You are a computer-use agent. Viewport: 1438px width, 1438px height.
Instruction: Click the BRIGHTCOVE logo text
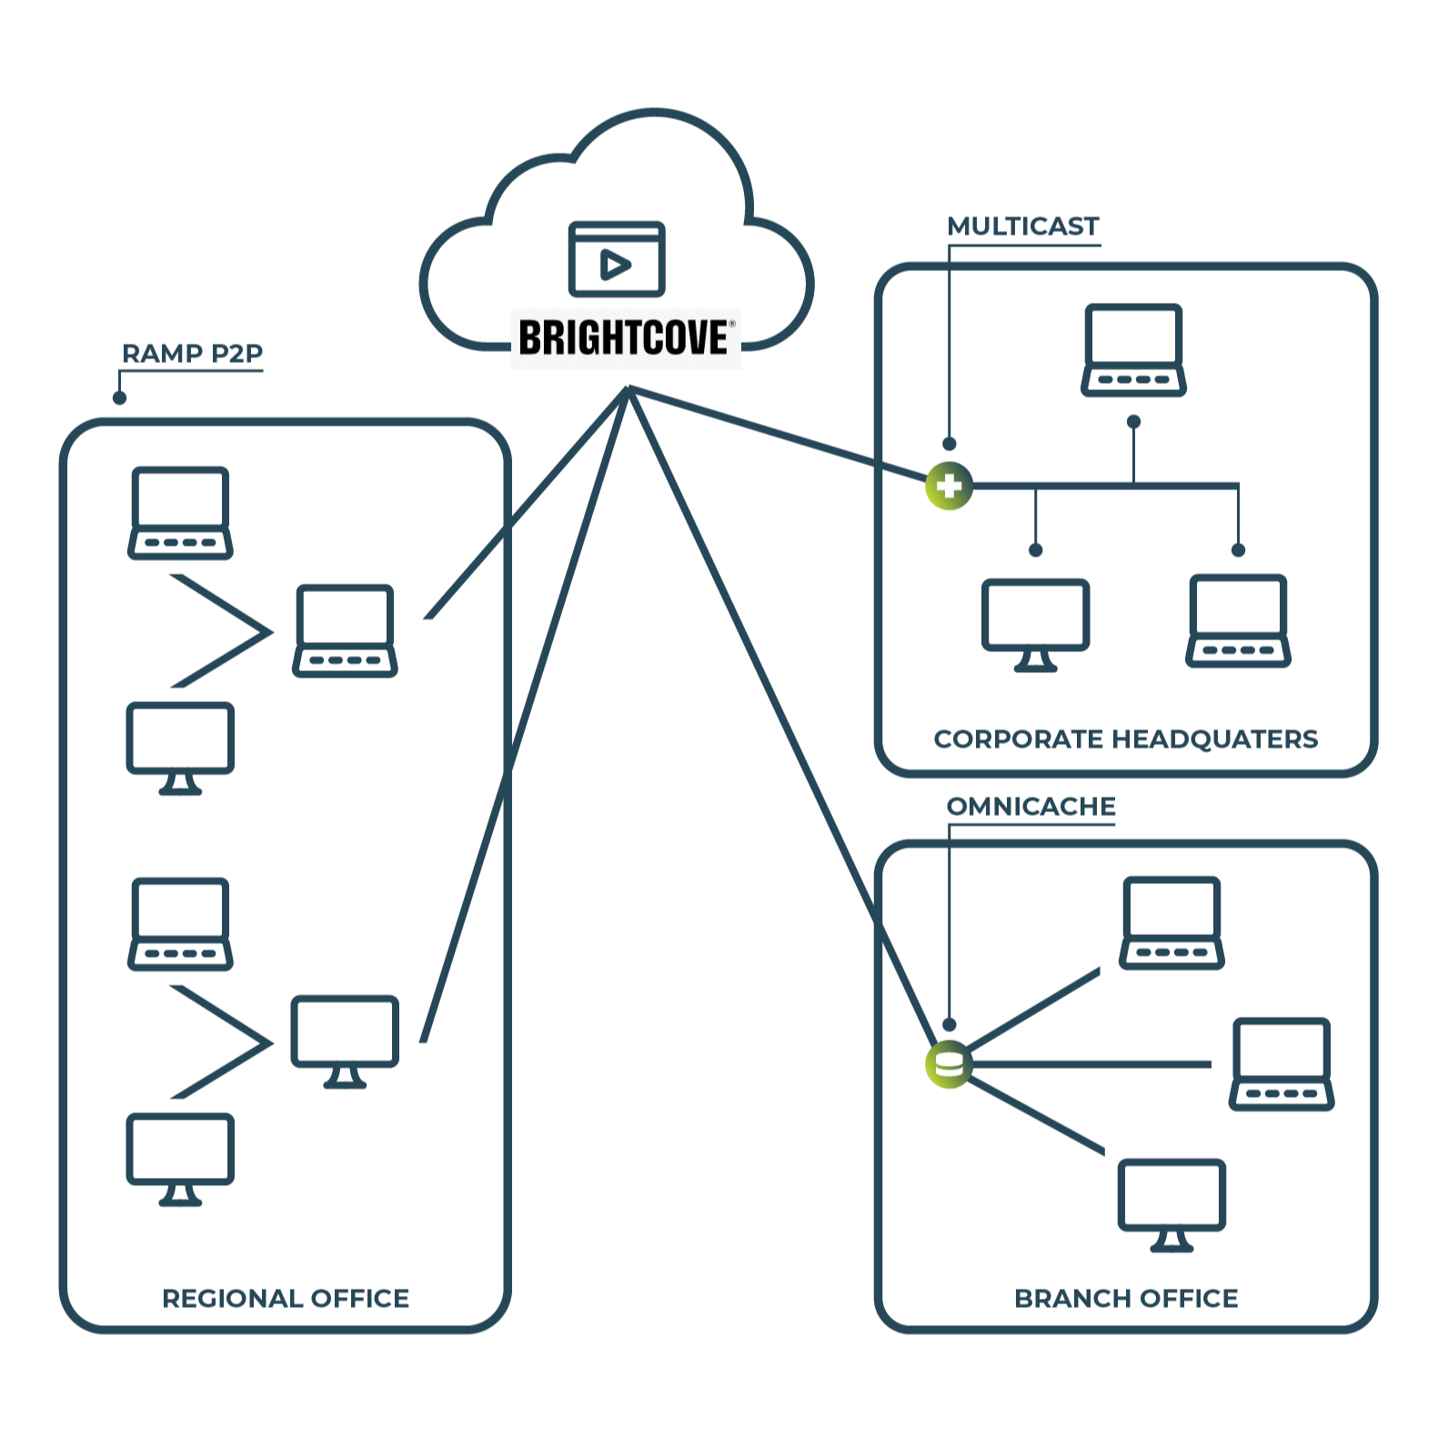click(x=624, y=338)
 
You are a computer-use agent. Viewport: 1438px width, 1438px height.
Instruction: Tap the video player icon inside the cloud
click(x=617, y=260)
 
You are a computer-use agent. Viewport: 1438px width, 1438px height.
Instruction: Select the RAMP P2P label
click(x=192, y=353)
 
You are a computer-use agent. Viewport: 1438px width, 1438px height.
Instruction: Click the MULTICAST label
click(x=1022, y=226)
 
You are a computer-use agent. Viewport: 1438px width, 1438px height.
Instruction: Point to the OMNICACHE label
click(x=1031, y=806)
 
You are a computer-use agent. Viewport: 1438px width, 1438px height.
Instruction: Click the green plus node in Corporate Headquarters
click(x=949, y=486)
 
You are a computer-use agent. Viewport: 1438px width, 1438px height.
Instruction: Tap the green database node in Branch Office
click(x=949, y=1064)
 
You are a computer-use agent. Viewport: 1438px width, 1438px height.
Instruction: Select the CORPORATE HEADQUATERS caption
click(x=1125, y=739)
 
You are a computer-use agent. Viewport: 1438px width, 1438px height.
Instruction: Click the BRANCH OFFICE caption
click(x=1126, y=1298)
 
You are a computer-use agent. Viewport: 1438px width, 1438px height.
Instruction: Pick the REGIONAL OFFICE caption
click(x=286, y=1298)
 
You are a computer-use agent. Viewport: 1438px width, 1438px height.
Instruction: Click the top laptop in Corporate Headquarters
click(x=1133, y=350)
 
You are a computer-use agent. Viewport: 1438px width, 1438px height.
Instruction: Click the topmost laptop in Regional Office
click(x=180, y=512)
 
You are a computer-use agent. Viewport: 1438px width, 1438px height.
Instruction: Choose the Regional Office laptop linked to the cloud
click(x=345, y=630)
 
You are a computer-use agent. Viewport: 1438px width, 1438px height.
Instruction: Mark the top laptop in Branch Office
click(x=1172, y=922)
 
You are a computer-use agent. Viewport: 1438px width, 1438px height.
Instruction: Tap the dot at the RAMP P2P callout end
click(x=119, y=397)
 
